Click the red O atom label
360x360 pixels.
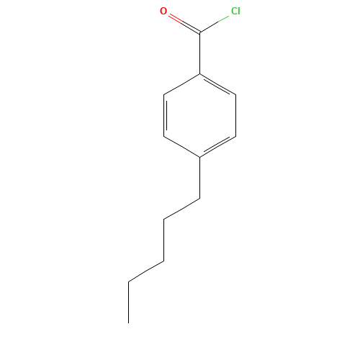[x=163, y=11]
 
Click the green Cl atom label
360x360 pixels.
[x=235, y=12]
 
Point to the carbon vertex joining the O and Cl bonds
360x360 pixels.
[x=199, y=32]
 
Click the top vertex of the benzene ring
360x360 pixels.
[x=199, y=73]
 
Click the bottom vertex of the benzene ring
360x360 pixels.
[x=199, y=156]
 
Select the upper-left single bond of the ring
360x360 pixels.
[x=181, y=84]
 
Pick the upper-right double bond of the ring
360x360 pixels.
[x=217, y=84]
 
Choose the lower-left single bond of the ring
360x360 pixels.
[x=181, y=146]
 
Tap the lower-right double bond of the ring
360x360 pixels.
[x=217, y=146]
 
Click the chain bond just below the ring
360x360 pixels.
[x=181, y=208]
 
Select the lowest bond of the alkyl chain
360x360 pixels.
[x=146, y=271]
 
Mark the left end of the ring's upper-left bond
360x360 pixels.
[x=164, y=94]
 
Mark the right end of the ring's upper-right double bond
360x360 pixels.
[x=235, y=94]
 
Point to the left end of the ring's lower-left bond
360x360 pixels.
[x=164, y=136]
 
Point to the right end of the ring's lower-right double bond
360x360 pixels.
[x=235, y=136]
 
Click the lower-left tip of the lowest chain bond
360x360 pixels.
[x=129, y=281]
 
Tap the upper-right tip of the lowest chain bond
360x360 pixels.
[x=163, y=261]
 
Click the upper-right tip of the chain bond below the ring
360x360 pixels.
[x=199, y=198]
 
